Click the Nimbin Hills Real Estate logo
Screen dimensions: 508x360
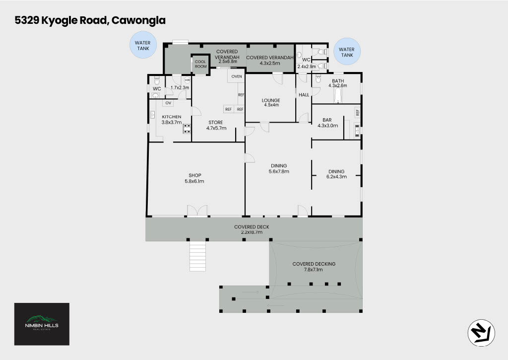pos(42,324)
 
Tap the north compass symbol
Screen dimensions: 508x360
pos(481,333)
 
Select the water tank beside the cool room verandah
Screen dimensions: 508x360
pos(143,45)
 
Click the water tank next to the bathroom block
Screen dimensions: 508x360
pos(347,52)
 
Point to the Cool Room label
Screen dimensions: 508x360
pos(200,64)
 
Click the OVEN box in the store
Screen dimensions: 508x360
pos(237,76)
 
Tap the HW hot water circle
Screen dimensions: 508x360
pos(187,80)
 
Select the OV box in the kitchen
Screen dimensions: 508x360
pos(168,103)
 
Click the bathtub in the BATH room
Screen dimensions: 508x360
pos(337,96)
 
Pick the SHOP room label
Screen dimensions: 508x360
pos(194,175)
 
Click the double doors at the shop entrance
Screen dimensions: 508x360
pos(197,211)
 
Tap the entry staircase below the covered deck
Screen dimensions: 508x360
pos(197,256)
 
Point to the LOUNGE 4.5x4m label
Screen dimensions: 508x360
pos(271,102)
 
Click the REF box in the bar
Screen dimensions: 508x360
pos(357,113)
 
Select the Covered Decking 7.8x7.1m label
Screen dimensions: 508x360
pos(314,267)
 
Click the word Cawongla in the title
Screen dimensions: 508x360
pos(138,20)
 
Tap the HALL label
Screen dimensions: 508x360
pos(304,95)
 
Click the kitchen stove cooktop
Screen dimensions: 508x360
pos(187,129)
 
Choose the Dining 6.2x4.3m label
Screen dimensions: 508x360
pos(336,174)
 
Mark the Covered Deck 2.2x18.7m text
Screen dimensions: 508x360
pos(252,229)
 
